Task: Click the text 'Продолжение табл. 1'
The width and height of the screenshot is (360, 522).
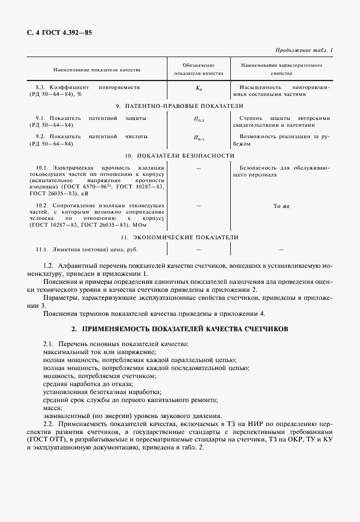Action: (x=304, y=50)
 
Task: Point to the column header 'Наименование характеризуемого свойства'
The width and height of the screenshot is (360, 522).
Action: (x=282, y=70)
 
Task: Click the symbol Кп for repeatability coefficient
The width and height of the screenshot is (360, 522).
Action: (x=198, y=90)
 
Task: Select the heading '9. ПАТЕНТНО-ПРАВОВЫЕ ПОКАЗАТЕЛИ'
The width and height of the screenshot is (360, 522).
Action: (x=179, y=106)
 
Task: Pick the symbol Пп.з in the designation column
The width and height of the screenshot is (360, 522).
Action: (x=198, y=119)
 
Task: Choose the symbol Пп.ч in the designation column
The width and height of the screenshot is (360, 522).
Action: (x=198, y=138)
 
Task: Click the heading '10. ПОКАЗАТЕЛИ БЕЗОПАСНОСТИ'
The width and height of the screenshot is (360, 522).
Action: (x=179, y=155)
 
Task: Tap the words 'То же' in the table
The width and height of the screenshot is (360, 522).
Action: (x=281, y=206)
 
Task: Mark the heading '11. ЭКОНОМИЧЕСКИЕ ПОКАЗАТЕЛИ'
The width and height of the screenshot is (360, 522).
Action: (x=179, y=237)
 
